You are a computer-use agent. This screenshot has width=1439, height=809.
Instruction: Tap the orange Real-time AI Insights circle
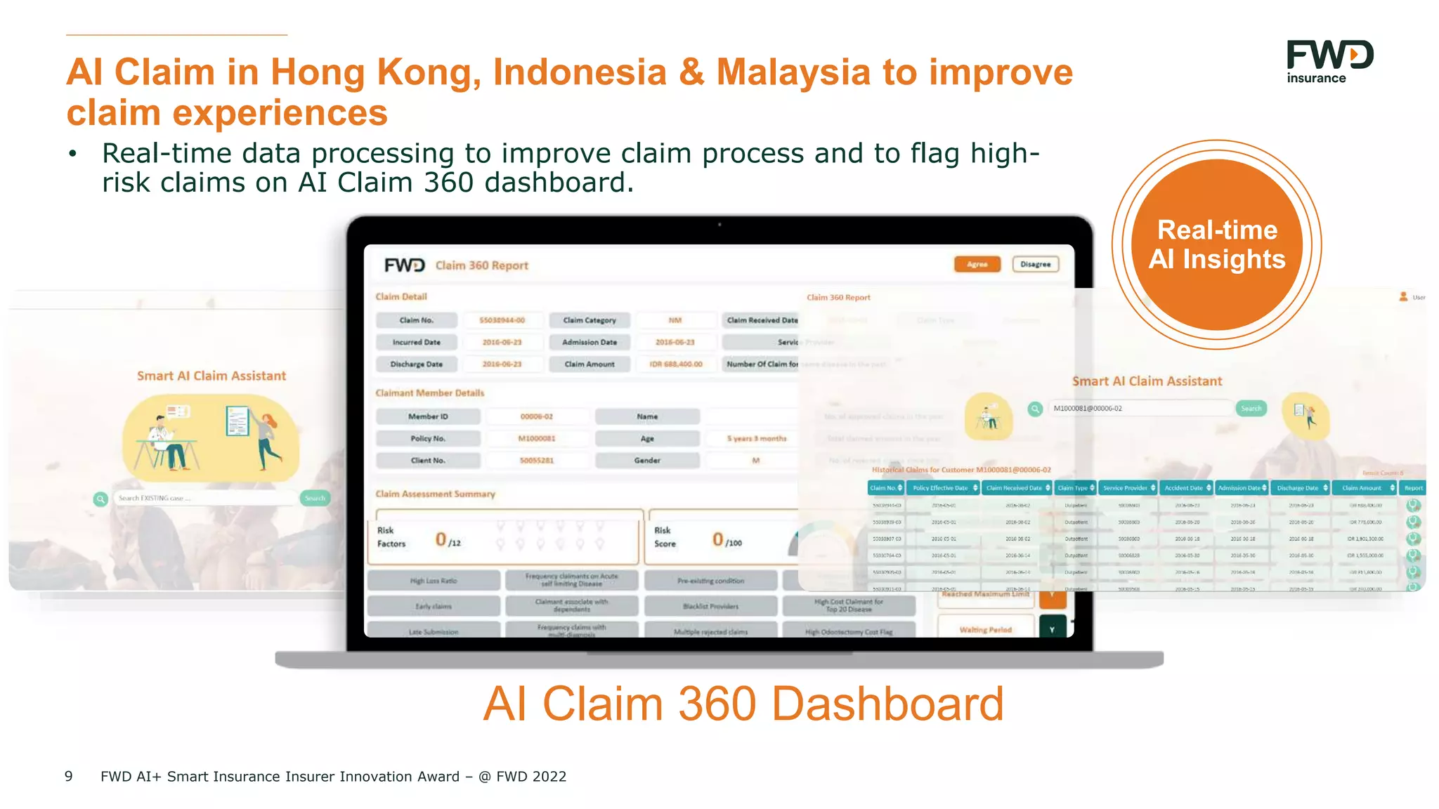click(1217, 244)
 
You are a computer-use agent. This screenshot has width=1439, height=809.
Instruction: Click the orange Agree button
click(977, 264)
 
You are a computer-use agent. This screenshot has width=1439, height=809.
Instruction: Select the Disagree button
click(1035, 264)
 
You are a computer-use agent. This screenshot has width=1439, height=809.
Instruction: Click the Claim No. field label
click(416, 320)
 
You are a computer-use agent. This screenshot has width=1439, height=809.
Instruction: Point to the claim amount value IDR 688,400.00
click(675, 364)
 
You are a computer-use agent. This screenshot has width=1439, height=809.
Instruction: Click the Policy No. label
click(428, 438)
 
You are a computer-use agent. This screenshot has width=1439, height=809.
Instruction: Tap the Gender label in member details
click(647, 461)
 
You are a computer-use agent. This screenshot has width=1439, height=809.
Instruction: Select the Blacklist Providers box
click(710, 606)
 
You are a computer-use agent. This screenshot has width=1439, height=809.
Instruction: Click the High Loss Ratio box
click(434, 581)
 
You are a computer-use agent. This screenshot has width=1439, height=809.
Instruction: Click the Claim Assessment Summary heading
click(435, 494)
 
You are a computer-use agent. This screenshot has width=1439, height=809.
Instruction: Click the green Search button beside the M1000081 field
click(1251, 408)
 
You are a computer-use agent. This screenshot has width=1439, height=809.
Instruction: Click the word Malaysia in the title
click(793, 72)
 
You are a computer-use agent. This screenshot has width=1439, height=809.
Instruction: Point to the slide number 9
click(69, 776)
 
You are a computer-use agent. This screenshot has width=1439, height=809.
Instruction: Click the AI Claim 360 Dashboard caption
click(743, 703)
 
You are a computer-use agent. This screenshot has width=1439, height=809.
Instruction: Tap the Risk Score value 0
click(717, 539)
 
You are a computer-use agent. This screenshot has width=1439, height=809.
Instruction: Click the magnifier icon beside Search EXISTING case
click(101, 499)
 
